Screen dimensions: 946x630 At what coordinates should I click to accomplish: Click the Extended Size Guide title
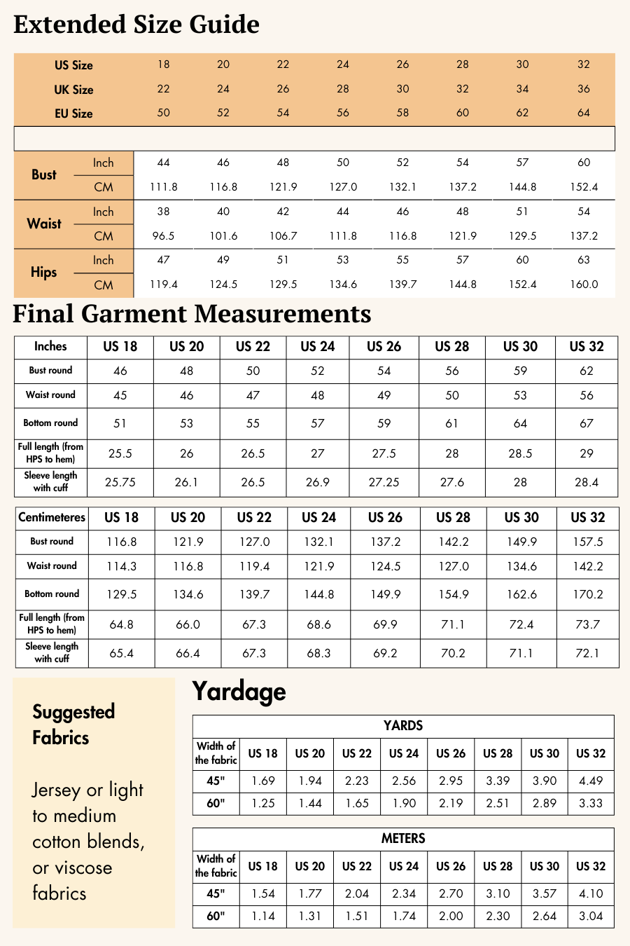pyautogui.click(x=136, y=25)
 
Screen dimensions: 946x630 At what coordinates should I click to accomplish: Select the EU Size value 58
pyautogui.click(x=402, y=113)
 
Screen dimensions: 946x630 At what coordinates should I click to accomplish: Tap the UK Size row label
pyautogui.click(x=73, y=90)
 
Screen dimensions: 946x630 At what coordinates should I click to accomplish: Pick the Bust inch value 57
pyautogui.click(x=522, y=163)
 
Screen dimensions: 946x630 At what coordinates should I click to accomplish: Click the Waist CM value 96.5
pyautogui.click(x=163, y=236)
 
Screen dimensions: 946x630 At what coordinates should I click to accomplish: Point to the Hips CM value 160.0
pyautogui.click(x=584, y=285)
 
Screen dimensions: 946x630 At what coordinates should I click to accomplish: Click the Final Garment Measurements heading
pyautogui.click(x=192, y=314)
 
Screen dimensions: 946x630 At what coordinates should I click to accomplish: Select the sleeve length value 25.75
pyautogui.click(x=120, y=482)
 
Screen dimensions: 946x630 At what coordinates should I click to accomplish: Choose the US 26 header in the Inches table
pyautogui.click(x=384, y=347)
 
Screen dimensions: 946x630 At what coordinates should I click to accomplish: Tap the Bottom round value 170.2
pyautogui.click(x=587, y=594)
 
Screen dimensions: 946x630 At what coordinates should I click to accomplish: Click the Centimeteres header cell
pyautogui.click(x=52, y=518)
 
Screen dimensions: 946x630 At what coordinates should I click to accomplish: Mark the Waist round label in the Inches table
pyautogui.click(x=50, y=395)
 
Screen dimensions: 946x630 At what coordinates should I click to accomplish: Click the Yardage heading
pyautogui.click(x=239, y=692)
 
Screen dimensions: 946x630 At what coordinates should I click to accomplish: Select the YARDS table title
pyautogui.click(x=403, y=726)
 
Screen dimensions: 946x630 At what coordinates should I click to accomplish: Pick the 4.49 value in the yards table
pyautogui.click(x=591, y=781)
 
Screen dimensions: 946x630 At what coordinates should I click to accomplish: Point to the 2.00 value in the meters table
pyautogui.click(x=451, y=916)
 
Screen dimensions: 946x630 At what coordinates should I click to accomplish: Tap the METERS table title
pyautogui.click(x=403, y=839)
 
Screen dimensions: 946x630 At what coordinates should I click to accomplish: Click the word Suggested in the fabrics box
pyautogui.click(x=73, y=712)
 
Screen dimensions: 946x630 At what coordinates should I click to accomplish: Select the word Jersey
pyautogui.click(x=56, y=790)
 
